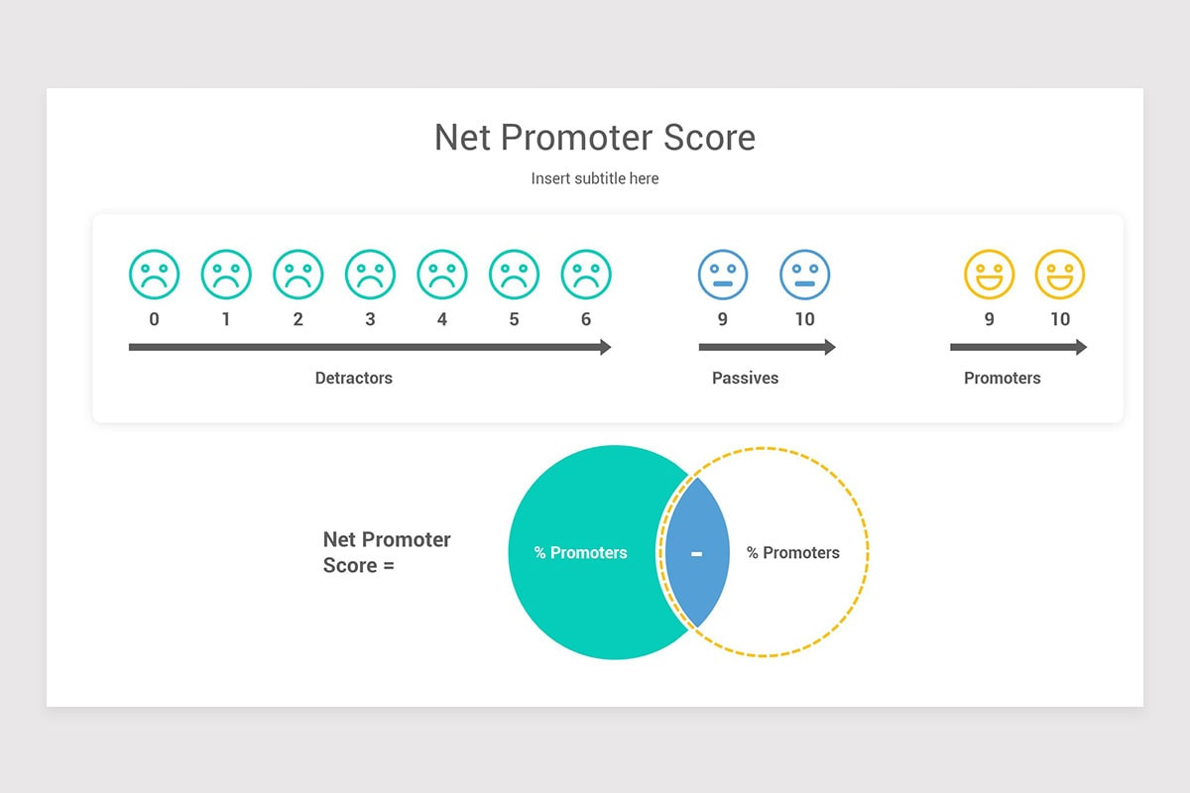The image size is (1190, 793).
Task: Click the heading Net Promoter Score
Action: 595,137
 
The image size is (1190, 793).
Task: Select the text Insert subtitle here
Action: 595,178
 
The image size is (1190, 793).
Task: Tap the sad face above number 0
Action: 154,275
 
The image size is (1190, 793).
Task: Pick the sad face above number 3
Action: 370,275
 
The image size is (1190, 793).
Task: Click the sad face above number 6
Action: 586,275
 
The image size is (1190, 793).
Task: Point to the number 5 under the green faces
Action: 514,319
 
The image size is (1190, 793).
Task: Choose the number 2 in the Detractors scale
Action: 297,319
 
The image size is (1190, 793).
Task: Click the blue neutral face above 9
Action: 723,275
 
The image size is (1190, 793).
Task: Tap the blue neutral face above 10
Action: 804,275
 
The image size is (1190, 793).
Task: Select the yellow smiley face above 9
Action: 990,275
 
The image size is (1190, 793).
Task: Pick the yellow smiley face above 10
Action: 1060,275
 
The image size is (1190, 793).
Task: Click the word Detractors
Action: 354,378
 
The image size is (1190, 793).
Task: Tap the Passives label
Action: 745,378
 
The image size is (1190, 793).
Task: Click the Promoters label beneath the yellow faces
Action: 1003,378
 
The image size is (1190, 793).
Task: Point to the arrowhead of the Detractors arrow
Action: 604,347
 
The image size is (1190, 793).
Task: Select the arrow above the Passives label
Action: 767,347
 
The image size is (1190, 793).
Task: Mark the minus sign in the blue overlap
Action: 696,553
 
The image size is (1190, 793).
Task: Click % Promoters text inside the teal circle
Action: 581,553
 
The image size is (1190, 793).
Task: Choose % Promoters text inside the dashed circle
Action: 793,553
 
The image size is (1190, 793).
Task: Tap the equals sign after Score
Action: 388,566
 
